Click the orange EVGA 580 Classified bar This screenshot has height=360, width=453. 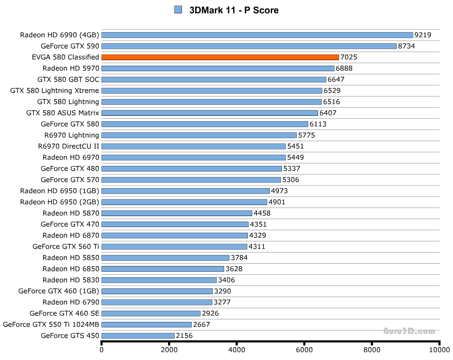[220, 57]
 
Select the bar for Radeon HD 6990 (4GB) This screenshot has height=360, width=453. [257, 35]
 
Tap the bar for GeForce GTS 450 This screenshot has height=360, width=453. [138, 335]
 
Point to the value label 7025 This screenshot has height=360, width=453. [349, 58]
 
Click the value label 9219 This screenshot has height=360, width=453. [423, 35]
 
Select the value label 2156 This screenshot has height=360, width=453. [184, 335]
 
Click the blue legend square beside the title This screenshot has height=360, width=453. [178, 10]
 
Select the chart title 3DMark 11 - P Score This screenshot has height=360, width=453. [233, 10]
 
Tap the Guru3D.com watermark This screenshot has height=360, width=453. [409, 331]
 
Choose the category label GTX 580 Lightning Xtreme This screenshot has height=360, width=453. [55, 91]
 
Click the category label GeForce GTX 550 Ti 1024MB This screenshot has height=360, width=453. [51, 324]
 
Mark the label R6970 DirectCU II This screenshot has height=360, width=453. [68, 146]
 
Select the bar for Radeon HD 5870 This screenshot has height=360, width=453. [177, 213]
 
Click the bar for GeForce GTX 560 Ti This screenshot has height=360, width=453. [174, 246]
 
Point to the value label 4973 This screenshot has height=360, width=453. [279, 191]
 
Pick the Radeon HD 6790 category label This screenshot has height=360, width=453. [71, 302]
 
